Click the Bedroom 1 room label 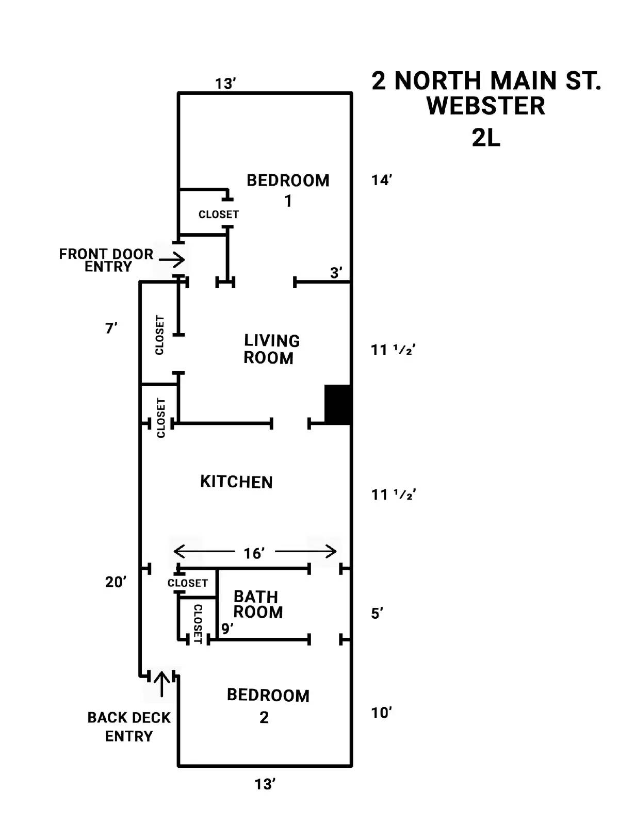tap(288, 189)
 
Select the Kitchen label tap(236, 482)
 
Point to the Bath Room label tap(257, 604)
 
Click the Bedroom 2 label tap(268, 705)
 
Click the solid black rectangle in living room tap(337, 404)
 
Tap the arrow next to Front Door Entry tap(172, 259)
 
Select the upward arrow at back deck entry tap(161, 684)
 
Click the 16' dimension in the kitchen tap(254, 553)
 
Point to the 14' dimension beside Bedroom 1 tap(382, 180)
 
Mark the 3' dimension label tap(336, 273)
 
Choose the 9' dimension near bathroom tap(227, 629)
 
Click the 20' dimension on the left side tap(116, 582)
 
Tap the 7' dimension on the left tap(111, 328)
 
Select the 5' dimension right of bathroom tap(377, 614)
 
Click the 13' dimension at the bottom tap(265, 784)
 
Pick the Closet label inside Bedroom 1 tap(219, 214)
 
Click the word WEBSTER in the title tap(485, 106)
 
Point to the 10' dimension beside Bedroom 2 tap(382, 713)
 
